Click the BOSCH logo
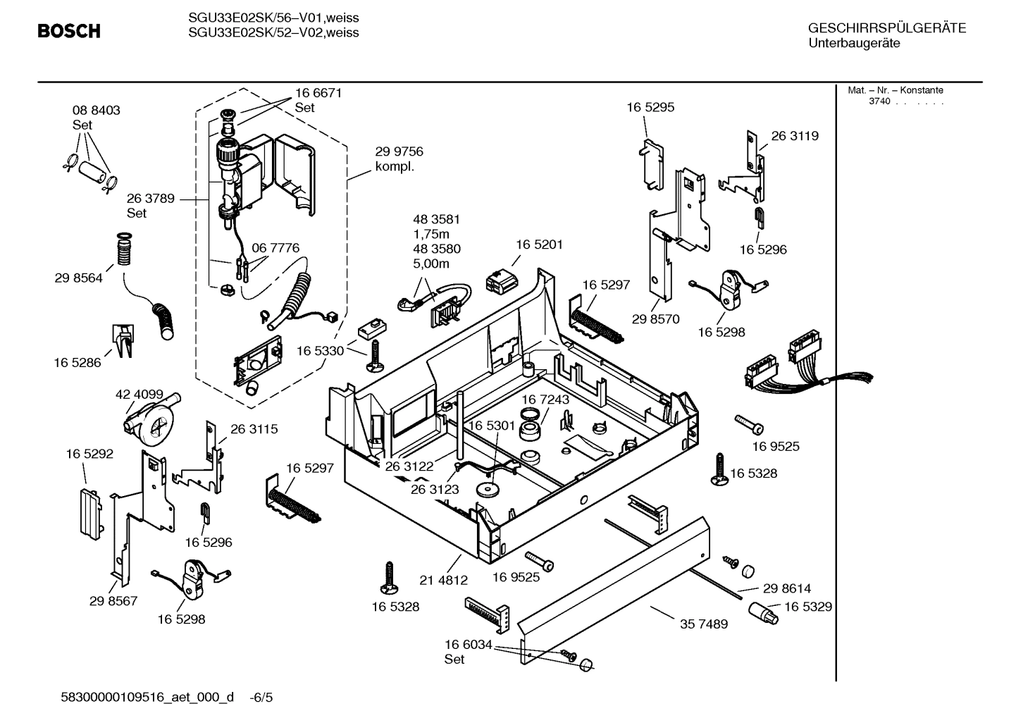[x=68, y=31]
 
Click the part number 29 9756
[x=399, y=151]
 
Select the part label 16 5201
[x=539, y=245]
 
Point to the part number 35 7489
[x=704, y=624]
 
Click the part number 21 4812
[x=443, y=581]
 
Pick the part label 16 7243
[x=545, y=400]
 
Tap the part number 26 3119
[x=795, y=136]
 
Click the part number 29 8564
[x=78, y=278]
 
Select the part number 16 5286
[x=77, y=363]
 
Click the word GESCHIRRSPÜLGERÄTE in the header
[x=886, y=28]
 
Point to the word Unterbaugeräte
[x=853, y=43]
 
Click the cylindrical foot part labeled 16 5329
[x=762, y=613]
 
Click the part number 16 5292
[x=89, y=454]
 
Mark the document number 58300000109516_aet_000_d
[x=148, y=698]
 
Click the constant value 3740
[x=879, y=101]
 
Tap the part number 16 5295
[x=650, y=107]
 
